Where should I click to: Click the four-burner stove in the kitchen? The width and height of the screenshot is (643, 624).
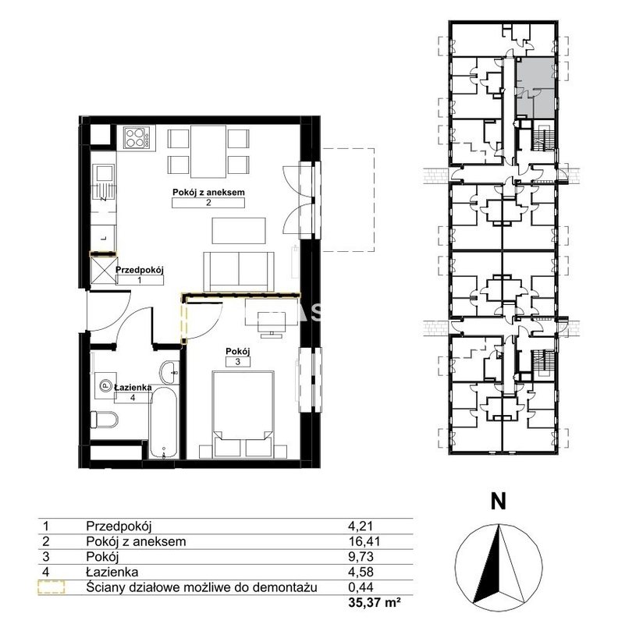tap(137, 138)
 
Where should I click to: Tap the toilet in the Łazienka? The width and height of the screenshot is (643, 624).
tap(104, 420)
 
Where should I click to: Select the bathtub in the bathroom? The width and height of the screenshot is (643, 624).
tap(164, 423)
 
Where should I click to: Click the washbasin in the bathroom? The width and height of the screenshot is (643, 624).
tap(169, 373)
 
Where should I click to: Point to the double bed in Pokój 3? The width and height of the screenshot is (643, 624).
tap(243, 414)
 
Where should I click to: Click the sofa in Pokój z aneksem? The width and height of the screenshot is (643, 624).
tap(239, 271)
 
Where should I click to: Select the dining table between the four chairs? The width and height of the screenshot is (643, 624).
tap(208, 151)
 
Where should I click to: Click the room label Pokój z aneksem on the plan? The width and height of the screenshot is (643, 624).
tap(208, 193)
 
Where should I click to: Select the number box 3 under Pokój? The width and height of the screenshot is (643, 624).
tap(238, 362)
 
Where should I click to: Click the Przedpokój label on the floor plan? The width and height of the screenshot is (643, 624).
tap(140, 270)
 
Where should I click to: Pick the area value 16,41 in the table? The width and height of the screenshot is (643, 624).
tap(364, 541)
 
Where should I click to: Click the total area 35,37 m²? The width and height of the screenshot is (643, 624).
tap(374, 603)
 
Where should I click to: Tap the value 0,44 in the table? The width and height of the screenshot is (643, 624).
tap(361, 587)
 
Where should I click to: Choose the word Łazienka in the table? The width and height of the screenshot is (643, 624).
tap(112, 572)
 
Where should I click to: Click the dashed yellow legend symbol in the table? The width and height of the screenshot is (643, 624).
tap(52, 587)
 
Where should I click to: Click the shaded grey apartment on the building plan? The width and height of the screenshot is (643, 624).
tap(535, 87)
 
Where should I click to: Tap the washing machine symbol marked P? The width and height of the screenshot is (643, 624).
tap(105, 385)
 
